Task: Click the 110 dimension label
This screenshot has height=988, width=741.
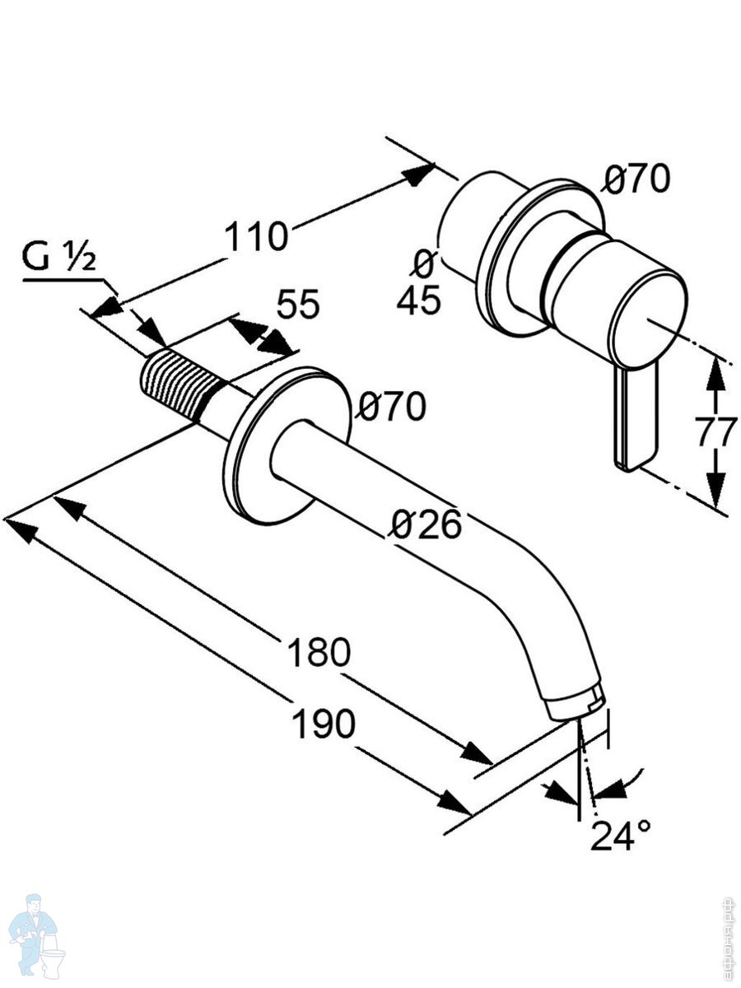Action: pyautogui.click(x=258, y=237)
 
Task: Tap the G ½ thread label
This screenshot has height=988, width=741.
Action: pyautogui.click(x=59, y=259)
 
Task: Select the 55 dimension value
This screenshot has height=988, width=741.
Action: pyautogui.click(x=297, y=305)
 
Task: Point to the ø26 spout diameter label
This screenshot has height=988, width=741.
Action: pyautogui.click(x=426, y=524)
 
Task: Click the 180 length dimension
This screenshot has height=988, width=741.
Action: pyautogui.click(x=319, y=653)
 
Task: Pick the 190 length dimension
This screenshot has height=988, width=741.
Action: pyautogui.click(x=324, y=725)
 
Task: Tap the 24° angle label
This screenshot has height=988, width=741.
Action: pyautogui.click(x=620, y=837)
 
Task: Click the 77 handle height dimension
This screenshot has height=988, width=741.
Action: pyautogui.click(x=715, y=432)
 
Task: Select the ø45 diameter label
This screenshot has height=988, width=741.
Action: pyautogui.click(x=419, y=284)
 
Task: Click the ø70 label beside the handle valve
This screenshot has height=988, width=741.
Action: pyautogui.click(x=636, y=179)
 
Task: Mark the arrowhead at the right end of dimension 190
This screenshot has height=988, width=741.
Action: pyautogui.click(x=455, y=803)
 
